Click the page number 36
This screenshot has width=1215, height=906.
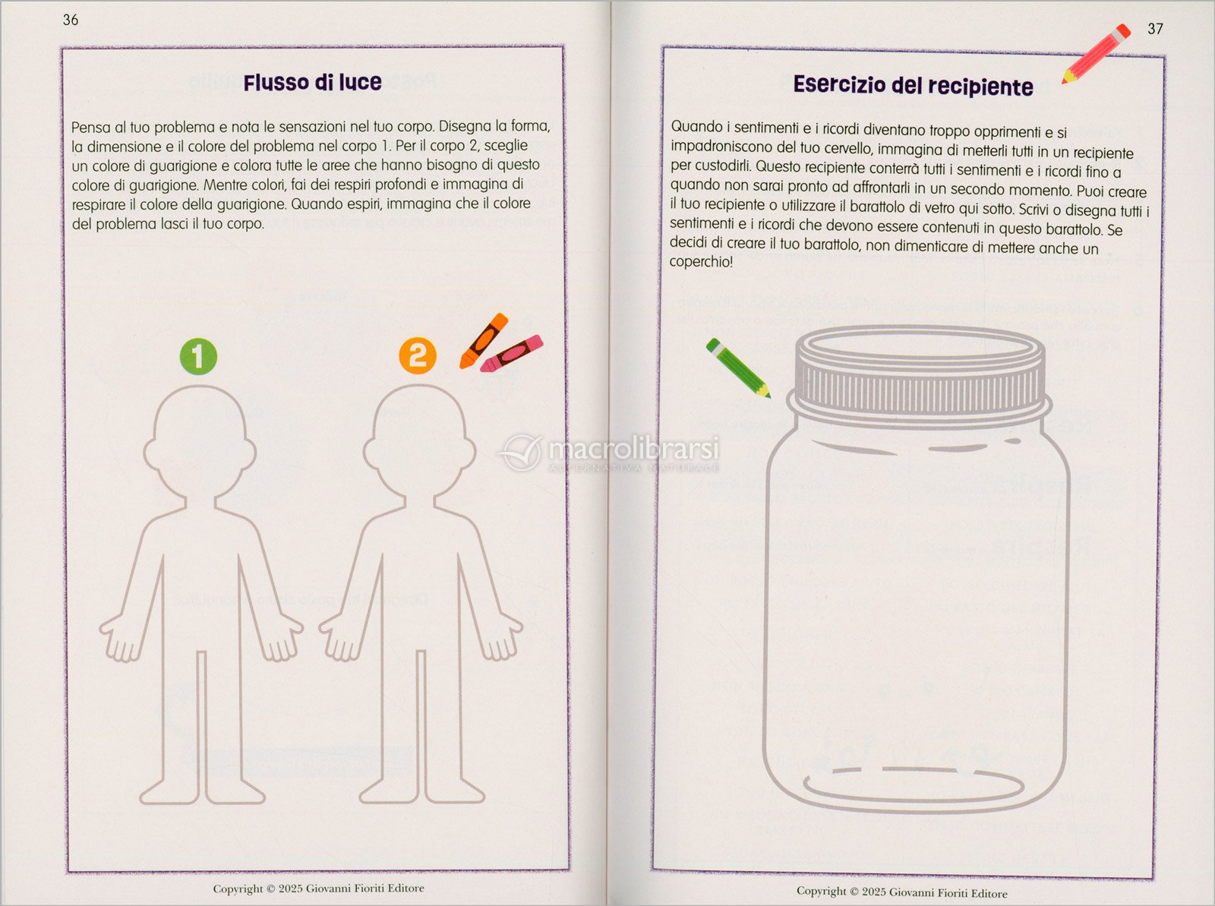[71, 20]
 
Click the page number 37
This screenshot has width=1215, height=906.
[1155, 29]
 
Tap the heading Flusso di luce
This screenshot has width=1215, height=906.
[313, 83]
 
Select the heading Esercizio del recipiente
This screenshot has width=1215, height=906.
[913, 86]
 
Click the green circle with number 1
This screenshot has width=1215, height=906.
[198, 356]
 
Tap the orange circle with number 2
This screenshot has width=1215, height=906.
[418, 355]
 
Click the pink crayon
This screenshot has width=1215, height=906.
[512, 353]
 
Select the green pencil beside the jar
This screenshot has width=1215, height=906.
[738, 368]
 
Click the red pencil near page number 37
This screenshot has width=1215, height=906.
[1096, 54]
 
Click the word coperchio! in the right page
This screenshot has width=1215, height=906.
[701, 261]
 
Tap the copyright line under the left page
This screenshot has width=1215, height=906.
[319, 889]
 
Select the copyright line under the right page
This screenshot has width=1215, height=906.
[901, 892]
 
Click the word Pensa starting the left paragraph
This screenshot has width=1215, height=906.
[91, 128]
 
